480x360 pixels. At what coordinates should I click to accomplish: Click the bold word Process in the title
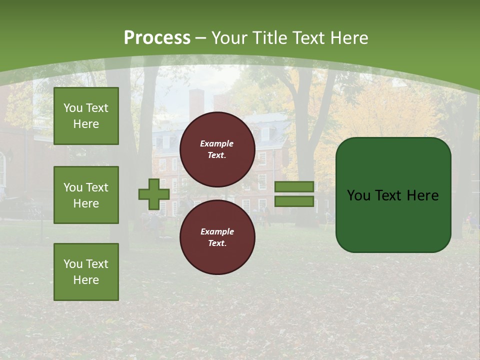157,38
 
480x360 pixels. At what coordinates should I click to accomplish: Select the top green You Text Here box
86,116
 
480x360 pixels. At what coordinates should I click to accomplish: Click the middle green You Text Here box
86,195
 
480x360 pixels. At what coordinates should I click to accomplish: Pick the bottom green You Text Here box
86,272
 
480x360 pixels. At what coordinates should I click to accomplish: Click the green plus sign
154,194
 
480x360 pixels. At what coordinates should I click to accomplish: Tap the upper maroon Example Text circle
217,149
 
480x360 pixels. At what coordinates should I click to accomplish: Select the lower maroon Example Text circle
217,237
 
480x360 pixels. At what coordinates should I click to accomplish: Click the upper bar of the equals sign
294,186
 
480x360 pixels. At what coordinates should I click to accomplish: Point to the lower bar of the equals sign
294,201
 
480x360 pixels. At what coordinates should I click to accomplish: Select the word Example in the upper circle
217,143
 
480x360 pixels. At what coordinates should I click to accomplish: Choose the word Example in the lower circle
217,231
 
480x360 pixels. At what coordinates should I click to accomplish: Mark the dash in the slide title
201,38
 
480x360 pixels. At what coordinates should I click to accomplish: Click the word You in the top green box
72,108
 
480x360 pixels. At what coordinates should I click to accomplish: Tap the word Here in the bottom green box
86,280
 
